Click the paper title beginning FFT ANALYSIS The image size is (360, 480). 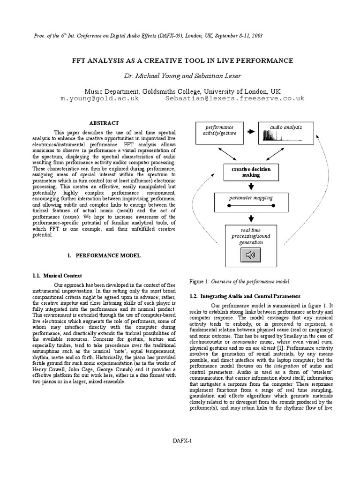[x=182, y=60]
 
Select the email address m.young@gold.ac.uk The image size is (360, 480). [x=100, y=99]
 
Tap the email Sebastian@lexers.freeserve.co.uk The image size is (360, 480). [x=235, y=99]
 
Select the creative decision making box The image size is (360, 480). [x=251, y=172]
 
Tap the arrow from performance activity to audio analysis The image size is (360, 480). [x=251, y=132]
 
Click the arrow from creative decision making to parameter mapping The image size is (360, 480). [x=251, y=186]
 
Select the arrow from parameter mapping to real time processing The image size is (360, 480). [x=251, y=218]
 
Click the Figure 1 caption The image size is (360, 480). [x=240, y=281]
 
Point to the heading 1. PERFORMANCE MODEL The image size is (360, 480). [x=104, y=255]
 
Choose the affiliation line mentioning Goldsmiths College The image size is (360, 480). [x=182, y=91]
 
